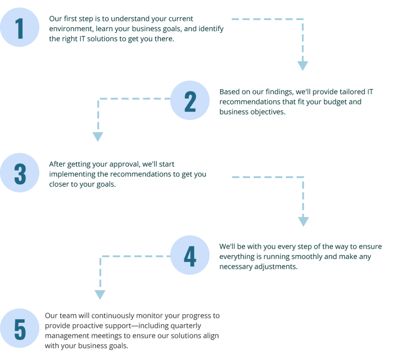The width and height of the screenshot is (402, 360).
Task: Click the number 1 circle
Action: tap(20, 27)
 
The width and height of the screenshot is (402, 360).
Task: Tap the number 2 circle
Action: tap(190, 100)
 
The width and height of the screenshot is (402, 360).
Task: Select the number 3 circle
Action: tap(20, 173)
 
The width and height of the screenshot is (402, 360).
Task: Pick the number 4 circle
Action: tap(190, 255)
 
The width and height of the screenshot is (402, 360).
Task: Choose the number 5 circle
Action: tap(20, 328)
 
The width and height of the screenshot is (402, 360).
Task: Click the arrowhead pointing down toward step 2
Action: tap(303, 66)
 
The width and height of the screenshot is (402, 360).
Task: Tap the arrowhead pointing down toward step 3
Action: tap(98, 137)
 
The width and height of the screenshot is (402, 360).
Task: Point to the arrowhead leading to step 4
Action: tap(303, 222)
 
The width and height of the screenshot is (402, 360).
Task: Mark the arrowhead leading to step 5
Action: tap(100, 295)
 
